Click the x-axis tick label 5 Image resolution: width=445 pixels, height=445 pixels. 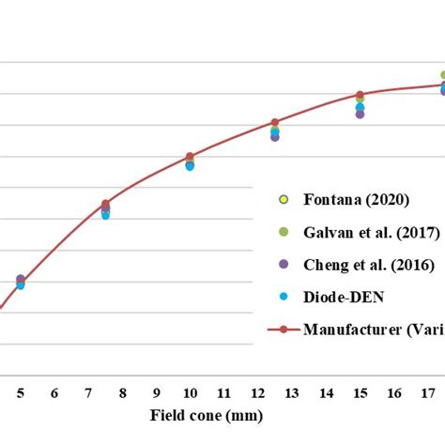click(x=21, y=393)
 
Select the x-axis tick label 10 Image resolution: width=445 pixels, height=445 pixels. click(x=190, y=393)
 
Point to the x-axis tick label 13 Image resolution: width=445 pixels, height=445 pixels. click(x=292, y=393)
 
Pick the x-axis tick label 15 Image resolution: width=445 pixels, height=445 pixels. click(x=360, y=393)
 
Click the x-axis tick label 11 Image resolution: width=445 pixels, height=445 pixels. click(x=223, y=393)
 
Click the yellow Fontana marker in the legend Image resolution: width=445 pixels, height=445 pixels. click(x=284, y=199)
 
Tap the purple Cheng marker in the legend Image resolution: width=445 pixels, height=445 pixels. click(x=284, y=264)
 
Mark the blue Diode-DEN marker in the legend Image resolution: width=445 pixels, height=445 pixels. click(x=284, y=297)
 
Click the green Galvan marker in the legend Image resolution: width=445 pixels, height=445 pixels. click(x=284, y=231)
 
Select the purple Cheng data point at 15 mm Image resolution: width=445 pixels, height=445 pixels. click(x=360, y=115)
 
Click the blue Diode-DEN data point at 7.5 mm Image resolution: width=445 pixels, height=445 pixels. click(x=105, y=215)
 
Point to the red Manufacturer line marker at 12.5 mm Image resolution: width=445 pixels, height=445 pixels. click(x=275, y=123)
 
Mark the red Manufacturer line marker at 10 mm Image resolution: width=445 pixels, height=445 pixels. click(x=190, y=157)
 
